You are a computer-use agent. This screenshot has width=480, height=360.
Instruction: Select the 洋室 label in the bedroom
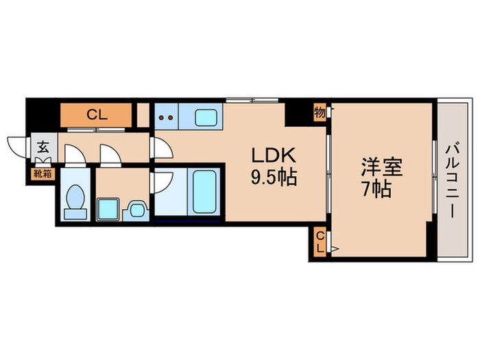pos(381,167)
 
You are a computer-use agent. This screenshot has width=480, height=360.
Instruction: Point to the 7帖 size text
pos(376,189)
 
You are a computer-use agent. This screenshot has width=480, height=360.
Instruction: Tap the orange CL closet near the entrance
pos(96,115)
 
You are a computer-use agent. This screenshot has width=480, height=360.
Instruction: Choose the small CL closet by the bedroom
pos(320,241)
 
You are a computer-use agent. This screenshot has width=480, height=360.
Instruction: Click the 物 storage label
pos(320,112)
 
